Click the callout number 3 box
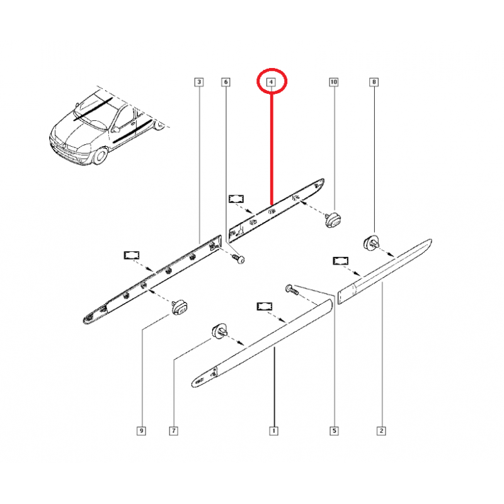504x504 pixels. [x=198, y=82]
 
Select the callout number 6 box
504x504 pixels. [x=226, y=82]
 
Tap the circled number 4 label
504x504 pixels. [x=272, y=82]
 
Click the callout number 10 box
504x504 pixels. [x=334, y=82]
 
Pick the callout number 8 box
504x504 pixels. [x=374, y=82]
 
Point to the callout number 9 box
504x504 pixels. [x=142, y=431]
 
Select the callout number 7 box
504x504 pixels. [x=173, y=431]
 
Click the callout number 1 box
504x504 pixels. [x=273, y=431]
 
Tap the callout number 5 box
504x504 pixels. [x=334, y=431]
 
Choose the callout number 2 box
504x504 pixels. [x=381, y=431]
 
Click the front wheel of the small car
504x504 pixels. [x=98, y=156]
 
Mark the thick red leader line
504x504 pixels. [x=272, y=145]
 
